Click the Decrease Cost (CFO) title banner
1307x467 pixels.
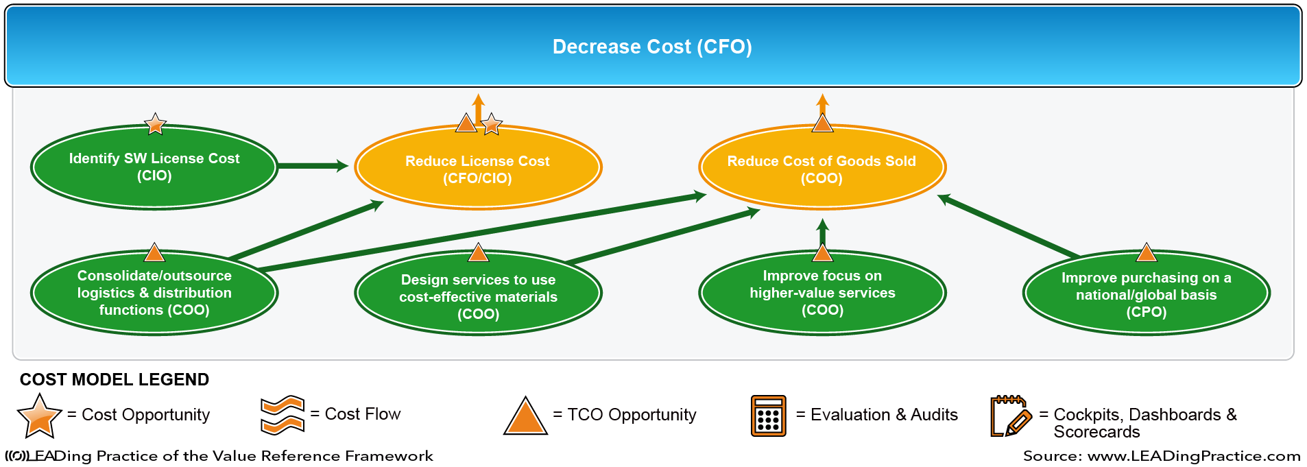pos(653,46)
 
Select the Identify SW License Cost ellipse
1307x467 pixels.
pos(154,167)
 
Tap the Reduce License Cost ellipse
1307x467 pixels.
pos(478,167)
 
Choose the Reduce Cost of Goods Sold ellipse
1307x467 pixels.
pos(822,167)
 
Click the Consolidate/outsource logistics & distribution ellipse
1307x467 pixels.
pos(154,293)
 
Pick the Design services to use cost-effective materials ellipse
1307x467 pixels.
pos(478,294)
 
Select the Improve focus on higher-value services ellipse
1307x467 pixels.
pos(822,293)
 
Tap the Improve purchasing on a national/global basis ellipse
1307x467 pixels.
pos(1147,294)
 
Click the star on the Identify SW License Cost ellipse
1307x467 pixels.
pos(156,124)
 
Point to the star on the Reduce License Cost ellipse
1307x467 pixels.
pos(491,124)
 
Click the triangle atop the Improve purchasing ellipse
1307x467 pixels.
pos(1147,253)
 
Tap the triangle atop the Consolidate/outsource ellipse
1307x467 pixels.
pos(154,253)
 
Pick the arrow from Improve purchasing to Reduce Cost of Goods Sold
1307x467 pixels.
pos(1009,226)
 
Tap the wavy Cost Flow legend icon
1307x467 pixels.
pos(283,415)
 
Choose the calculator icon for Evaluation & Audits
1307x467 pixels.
pos(768,416)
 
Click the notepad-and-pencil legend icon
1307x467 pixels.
pos(1011,416)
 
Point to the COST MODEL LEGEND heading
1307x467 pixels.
pos(115,379)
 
